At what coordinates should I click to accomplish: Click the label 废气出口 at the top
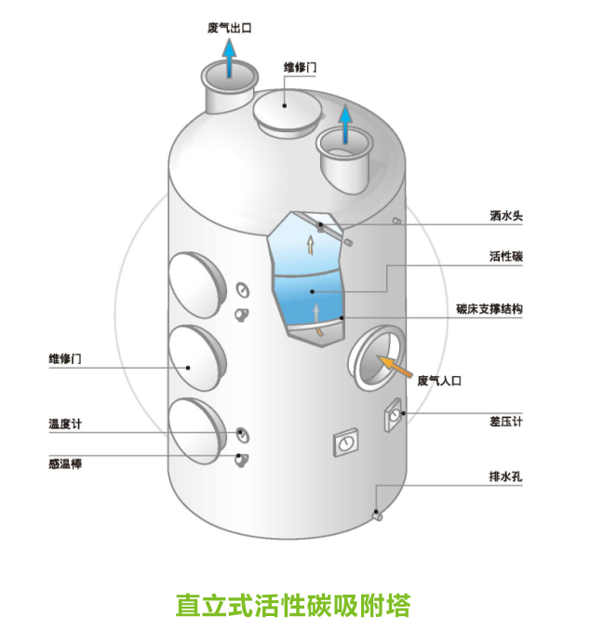click(229, 28)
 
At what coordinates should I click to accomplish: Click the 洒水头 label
click(506, 216)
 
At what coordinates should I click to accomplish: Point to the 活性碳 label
click(506, 256)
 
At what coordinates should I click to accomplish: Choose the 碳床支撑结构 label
click(489, 308)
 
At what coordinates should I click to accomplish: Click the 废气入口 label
click(439, 380)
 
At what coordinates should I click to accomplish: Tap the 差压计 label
click(506, 421)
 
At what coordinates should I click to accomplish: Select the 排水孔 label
click(506, 477)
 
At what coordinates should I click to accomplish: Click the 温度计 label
click(64, 424)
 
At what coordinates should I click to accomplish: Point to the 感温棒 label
click(64, 462)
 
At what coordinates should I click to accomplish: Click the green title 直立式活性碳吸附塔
click(292, 605)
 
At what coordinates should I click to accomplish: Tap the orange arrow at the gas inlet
click(395, 368)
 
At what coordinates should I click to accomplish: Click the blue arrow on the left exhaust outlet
click(229, 61)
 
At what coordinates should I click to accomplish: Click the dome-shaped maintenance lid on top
click(289, 113)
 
